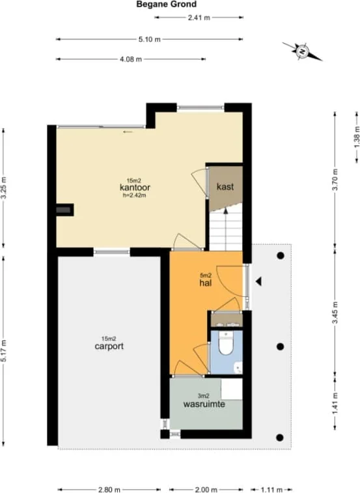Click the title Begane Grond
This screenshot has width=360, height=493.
pyautogui.click(x=166, y=5)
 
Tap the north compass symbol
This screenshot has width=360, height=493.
pyautogui.click(x=302, y=51)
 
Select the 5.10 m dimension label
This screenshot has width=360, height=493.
pyautogui.click(x=149, y=39)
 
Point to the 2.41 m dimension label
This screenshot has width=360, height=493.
pyautogui.click(x=199, y=18)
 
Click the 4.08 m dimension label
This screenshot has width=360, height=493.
pyautogui.click(x=131, y=59)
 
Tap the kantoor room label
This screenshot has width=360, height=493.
pyautogui.click(x=135, y=188)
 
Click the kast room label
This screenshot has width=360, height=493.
pyautogui.click(x=225, y=187)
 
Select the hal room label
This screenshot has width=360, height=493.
pyautogui.click(x=206, y=283)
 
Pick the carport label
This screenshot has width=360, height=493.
pyautogui.click(x=109, y=346)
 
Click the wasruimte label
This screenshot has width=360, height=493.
pyautogui.click(x=204, y=404)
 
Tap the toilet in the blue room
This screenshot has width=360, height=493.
pyautogui.click(x=226, y=343)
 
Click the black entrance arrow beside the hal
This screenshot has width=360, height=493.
pyautogui.click(x=258, y=281)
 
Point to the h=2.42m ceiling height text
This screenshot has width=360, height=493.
pyautogui.click(x=135, y=195)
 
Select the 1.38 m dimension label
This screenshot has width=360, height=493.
pyautogui.click(x=357, y=137)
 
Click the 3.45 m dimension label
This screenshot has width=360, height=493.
pyautogui.click(x=335, y=313)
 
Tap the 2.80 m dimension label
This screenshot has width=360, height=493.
pyautogui.click(x=109, y=490)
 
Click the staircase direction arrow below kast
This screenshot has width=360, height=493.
pyautogui.click(x=225, y=229)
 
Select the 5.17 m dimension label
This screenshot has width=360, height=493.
pyautogui.click(x=3, y=350)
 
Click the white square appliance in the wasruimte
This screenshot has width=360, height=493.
pyautogui.click(x=232, y=389)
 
